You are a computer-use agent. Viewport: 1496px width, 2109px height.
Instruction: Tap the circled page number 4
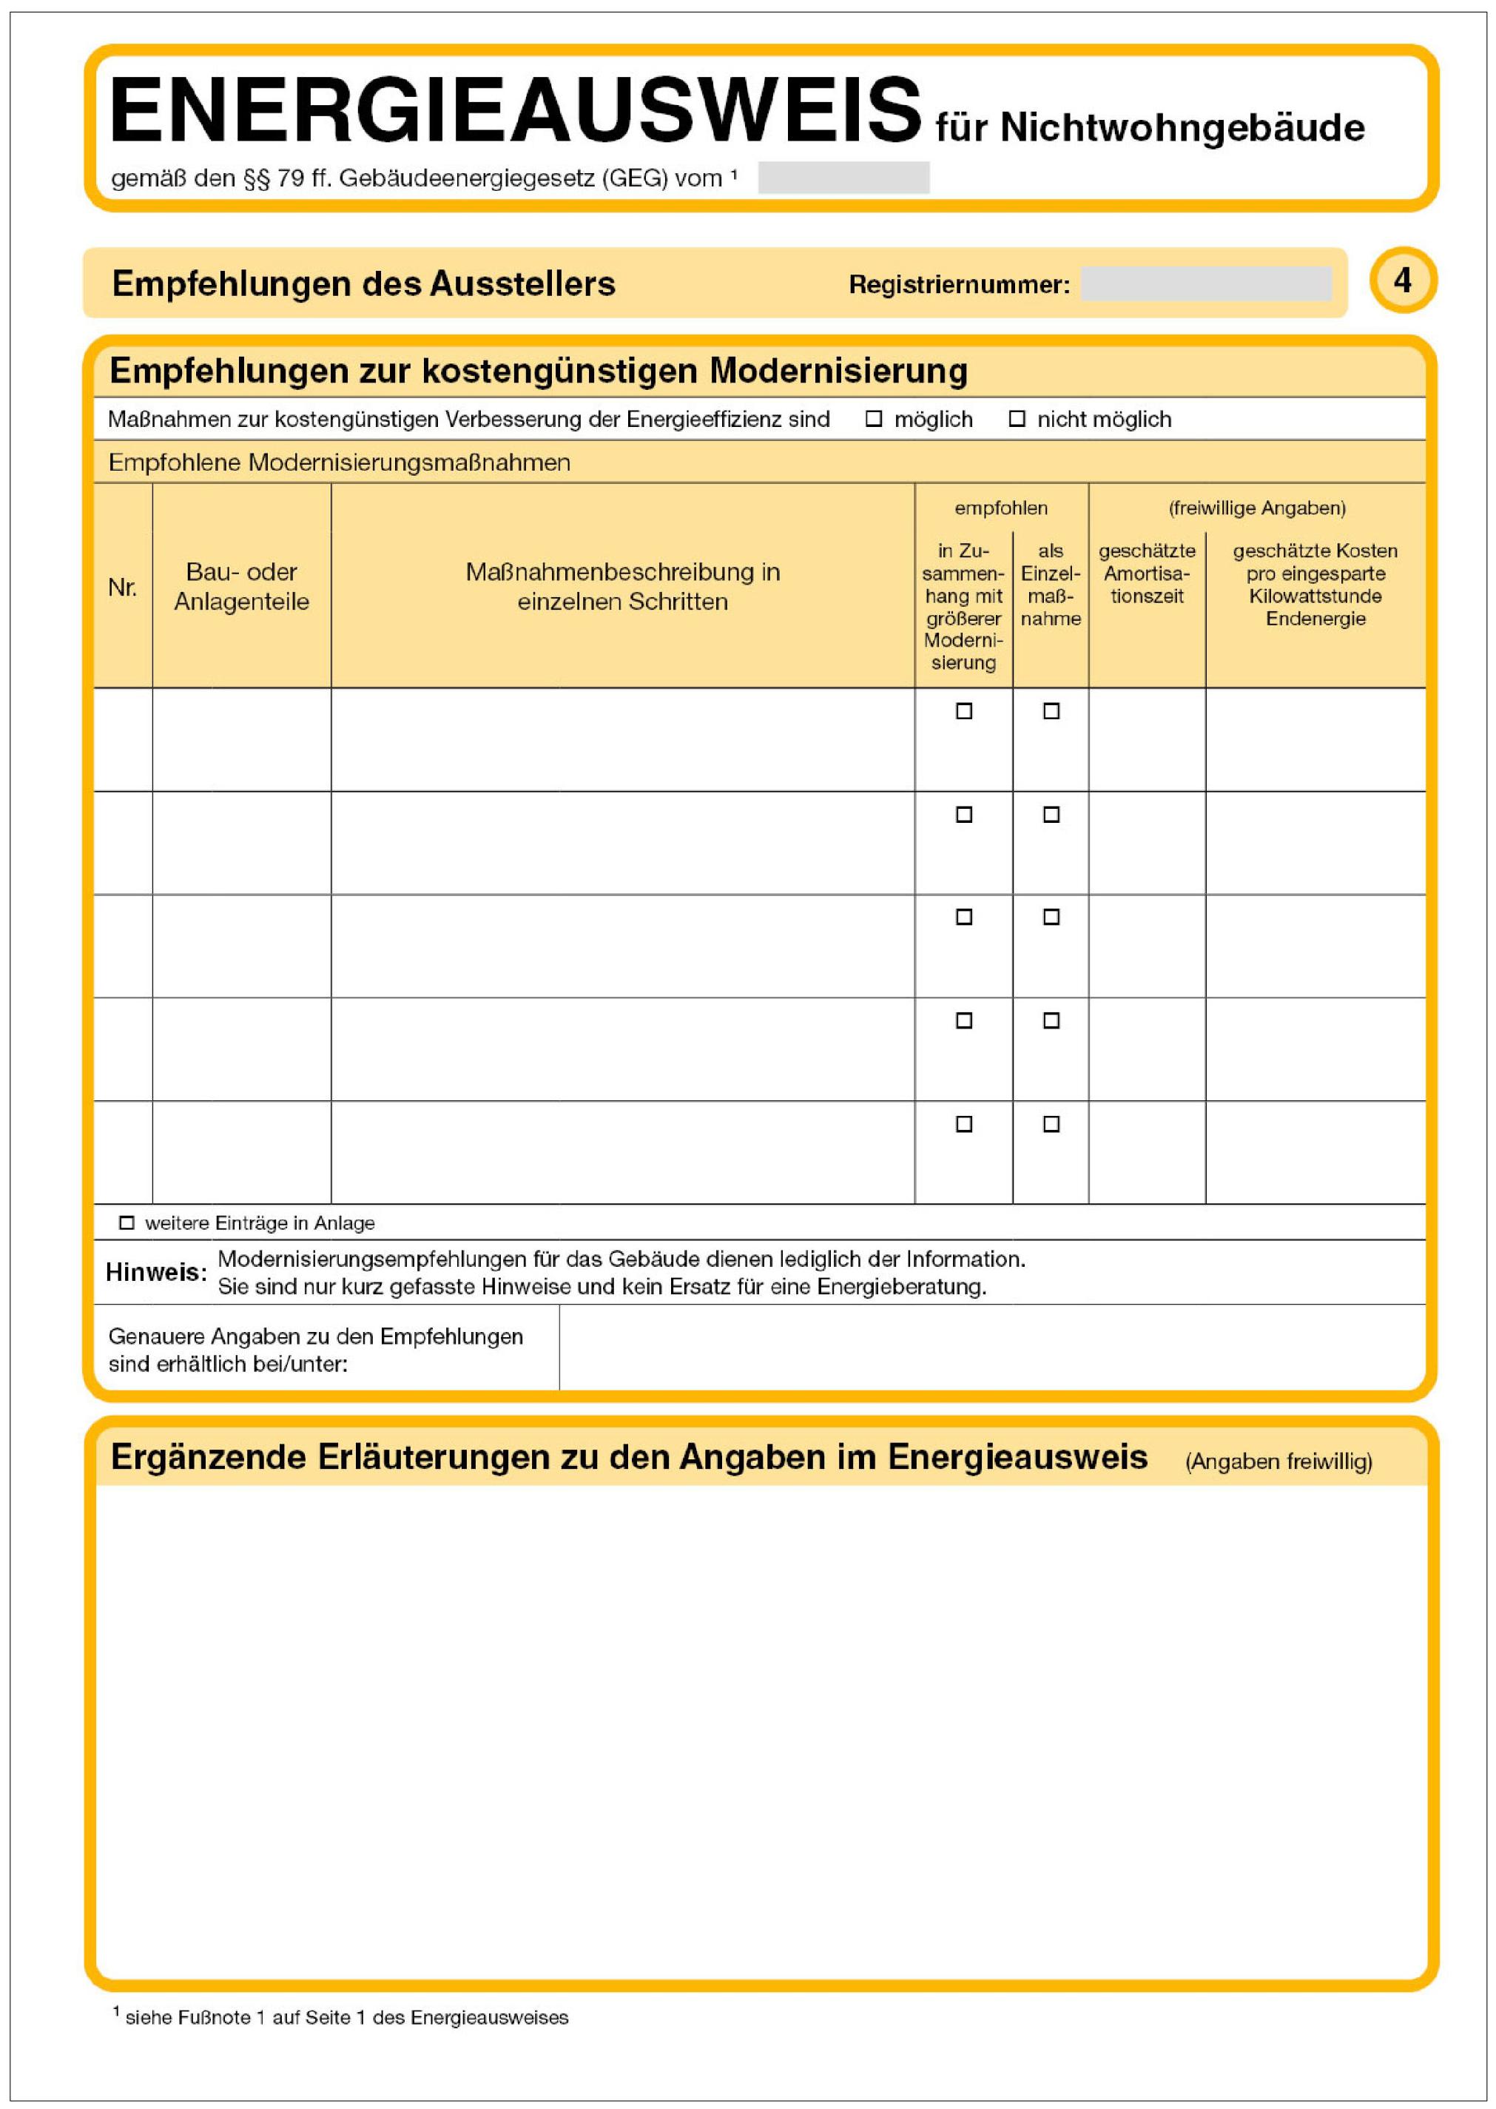[x=1401, y=280]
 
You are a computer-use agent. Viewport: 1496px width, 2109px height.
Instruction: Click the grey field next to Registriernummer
[x=1205, y=283]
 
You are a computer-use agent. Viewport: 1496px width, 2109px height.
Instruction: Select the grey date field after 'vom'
[x=843, y=177]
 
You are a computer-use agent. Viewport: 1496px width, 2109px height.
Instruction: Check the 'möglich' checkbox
[x=873, y=420]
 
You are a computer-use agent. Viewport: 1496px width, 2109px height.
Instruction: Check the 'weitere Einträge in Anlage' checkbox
[x=127, y=1222]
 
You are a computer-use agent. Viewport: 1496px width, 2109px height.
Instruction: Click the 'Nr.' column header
[x=123, y=587]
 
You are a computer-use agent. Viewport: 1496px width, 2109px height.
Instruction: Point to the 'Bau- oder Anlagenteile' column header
[x=241, y=587]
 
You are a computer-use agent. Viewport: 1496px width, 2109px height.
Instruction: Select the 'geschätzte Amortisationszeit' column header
[x=1146, y=573]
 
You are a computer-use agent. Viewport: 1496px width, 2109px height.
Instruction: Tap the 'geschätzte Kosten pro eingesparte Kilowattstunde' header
[x=1315, y=584]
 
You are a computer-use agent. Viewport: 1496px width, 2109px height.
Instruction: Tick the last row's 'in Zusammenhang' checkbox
[x=963, y=1124]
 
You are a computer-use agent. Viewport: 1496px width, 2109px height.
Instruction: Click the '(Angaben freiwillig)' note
[x=1278, y=1461]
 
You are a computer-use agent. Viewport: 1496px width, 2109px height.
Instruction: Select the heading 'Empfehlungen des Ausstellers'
[x=363, y=283]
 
